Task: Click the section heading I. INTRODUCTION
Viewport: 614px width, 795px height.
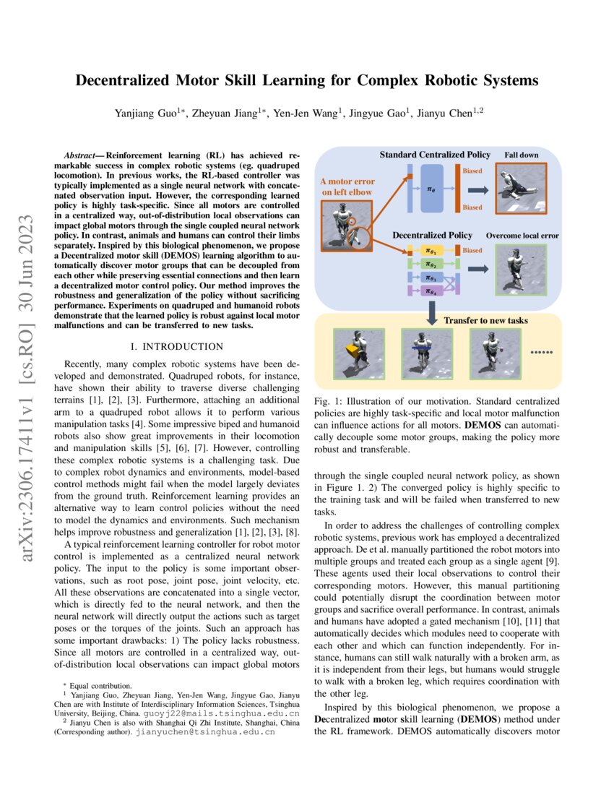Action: pyautogui.click(x=183, y=347)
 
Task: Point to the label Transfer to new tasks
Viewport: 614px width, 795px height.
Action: pyautogui.click(x=485, y=320)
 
